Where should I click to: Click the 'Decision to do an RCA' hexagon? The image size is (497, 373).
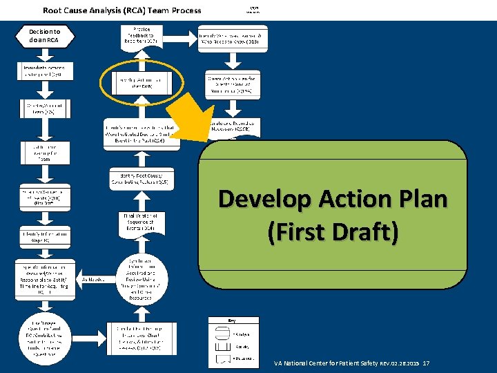coord(45,36)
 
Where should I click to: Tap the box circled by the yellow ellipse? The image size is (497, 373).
coord(141,84)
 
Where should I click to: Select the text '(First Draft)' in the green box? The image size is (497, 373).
coord(333,232)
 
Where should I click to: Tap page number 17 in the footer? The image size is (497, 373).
coord(426,363)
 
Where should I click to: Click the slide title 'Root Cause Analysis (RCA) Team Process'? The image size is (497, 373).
coord(122,10)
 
